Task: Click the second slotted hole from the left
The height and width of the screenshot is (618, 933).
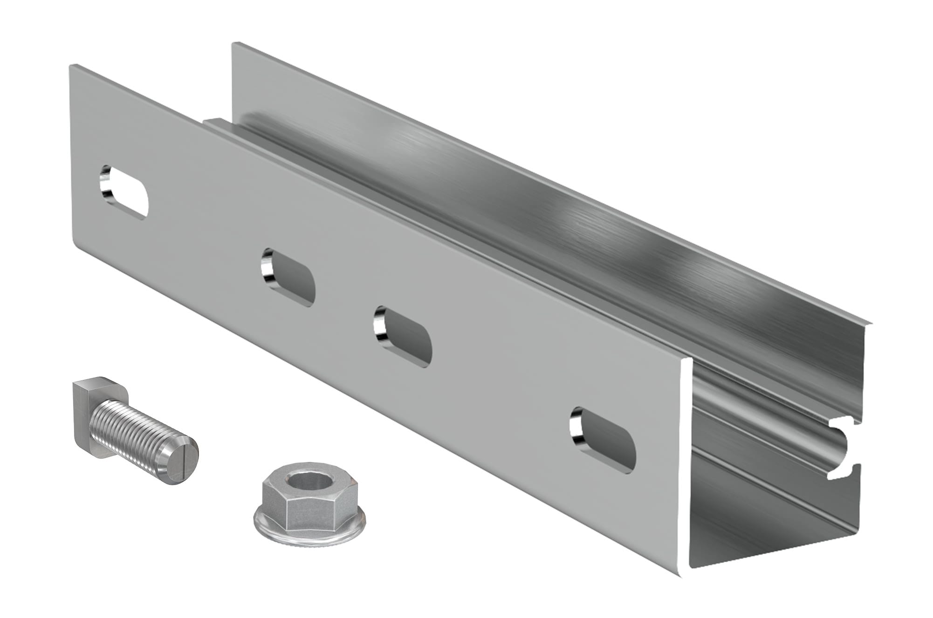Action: tap(288, 278)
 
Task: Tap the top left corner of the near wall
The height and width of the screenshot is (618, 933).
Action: tap(71, 67)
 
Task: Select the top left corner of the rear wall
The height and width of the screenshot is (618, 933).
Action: tap(234, 44)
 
